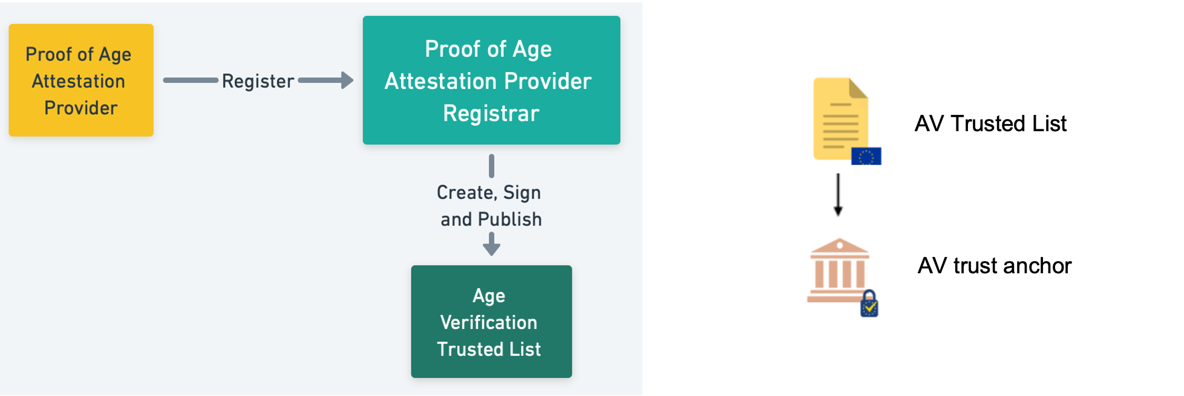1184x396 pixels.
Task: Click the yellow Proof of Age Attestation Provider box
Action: (81, 80)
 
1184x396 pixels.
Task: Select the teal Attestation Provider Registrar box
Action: (491, 80)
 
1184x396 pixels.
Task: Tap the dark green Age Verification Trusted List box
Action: (491, 322)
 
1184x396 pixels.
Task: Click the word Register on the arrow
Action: (258, 81)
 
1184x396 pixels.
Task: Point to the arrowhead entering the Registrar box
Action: (347, 80)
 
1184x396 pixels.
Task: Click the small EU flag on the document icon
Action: (866, 156)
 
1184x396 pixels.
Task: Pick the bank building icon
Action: (839, 270)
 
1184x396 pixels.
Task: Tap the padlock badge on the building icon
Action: (869, 303)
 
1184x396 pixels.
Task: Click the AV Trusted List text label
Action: (990, 123)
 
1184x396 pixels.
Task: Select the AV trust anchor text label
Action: (995, 265)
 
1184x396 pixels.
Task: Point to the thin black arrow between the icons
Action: (838, 195)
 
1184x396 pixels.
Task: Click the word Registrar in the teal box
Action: (491, 114)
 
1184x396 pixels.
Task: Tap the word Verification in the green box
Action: (489, 322)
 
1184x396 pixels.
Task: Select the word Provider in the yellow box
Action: (81, 108)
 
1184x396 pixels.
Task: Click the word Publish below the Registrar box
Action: (509, 219)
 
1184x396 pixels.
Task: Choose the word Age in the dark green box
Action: (489, 296)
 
